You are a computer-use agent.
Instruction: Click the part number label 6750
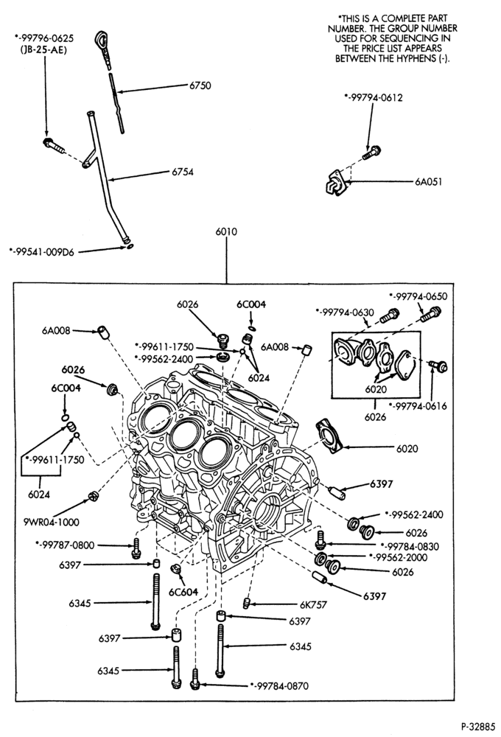(x=200, y=85)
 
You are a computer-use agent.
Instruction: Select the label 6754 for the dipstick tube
(x=183, y=172)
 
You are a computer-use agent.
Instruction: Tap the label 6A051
(x=428, y=181)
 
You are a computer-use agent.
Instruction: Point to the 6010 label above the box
(x=226, y=231)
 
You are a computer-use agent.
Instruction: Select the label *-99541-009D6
(x=41, y=252)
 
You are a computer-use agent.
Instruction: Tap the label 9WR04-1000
(x=52, y=522)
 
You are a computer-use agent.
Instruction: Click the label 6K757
(x=313, y=604)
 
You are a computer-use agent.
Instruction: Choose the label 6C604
(x=183, y=593)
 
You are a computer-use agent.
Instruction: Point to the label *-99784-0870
(x=279, y=685)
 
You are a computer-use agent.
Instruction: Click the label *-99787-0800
(x=65, y=545)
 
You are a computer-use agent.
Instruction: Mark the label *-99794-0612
(x=373, y=98)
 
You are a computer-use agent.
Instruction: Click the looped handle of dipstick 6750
(x=102, y=38)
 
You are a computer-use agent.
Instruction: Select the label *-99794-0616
(x=417, y=406)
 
